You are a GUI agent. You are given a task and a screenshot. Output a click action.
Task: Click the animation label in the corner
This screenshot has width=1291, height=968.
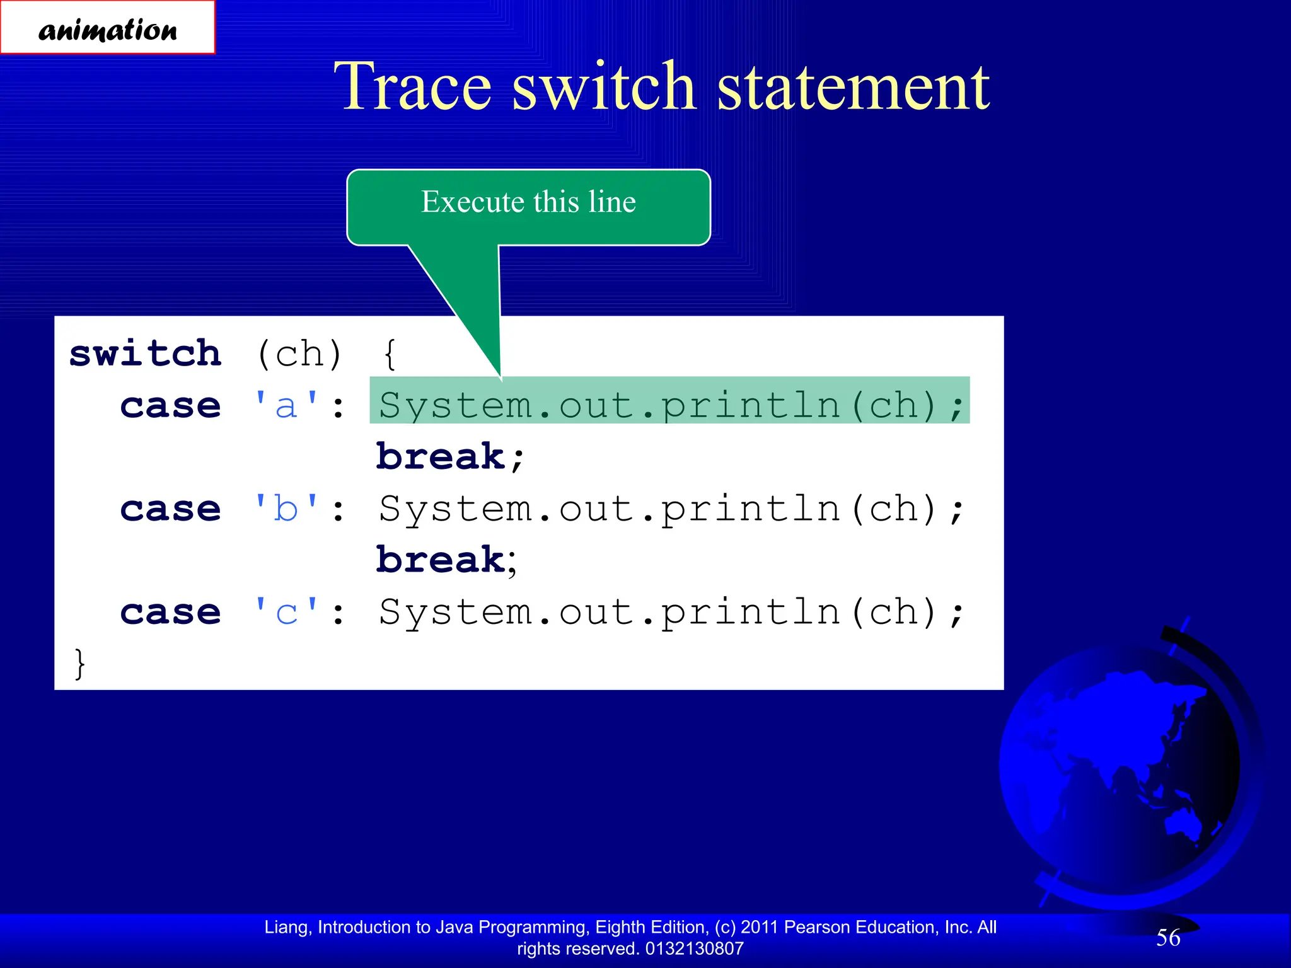pyautogui.click(x=107, y=28)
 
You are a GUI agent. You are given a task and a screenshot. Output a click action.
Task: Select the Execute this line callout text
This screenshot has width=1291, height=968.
pyautogui.click(x=528, y=202)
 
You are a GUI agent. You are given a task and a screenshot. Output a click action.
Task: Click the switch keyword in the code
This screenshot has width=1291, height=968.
pyautogui.click(x=146, y=354)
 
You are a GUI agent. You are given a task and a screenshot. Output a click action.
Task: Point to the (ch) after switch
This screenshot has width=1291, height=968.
pyautogui.click(x=299, y=354)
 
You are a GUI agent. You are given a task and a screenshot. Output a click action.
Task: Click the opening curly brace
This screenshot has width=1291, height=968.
pyautogui.click(x=390, y=354)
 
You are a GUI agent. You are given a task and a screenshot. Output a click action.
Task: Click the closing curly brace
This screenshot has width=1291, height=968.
pyautogui.click(x=79, y=663)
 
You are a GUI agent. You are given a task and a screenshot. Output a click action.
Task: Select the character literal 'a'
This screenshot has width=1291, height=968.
pyautogui.click(x=286, y=405)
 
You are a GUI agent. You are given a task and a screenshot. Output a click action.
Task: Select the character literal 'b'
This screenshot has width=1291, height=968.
pyautogui.click(x=286, y=509)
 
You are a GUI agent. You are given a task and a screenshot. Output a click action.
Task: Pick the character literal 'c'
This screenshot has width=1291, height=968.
pyautogui.click(x=286, y=612)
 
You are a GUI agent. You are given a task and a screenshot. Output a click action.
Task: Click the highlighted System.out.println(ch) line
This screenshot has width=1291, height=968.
pyautogui.click(x=669, y=404)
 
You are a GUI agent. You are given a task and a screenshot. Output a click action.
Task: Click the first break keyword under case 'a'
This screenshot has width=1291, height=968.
pyautogui.click(x=441, y=456)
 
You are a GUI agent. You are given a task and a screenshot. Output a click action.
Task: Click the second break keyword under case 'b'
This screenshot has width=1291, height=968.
pyautogui.click(x=441, y=560)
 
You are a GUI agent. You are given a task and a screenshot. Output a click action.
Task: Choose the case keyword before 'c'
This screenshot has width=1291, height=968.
pyautogui.click(x=170, y=612)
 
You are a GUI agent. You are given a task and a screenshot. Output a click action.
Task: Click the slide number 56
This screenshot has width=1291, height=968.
pyautogui.click(x=1167, y=938)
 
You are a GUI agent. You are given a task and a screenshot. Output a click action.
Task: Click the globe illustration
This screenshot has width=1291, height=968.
pyautogui.click(x=1122, y=769)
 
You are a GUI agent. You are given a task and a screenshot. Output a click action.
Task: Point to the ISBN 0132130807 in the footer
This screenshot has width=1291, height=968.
pyautogui.click(x=694, y=948)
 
